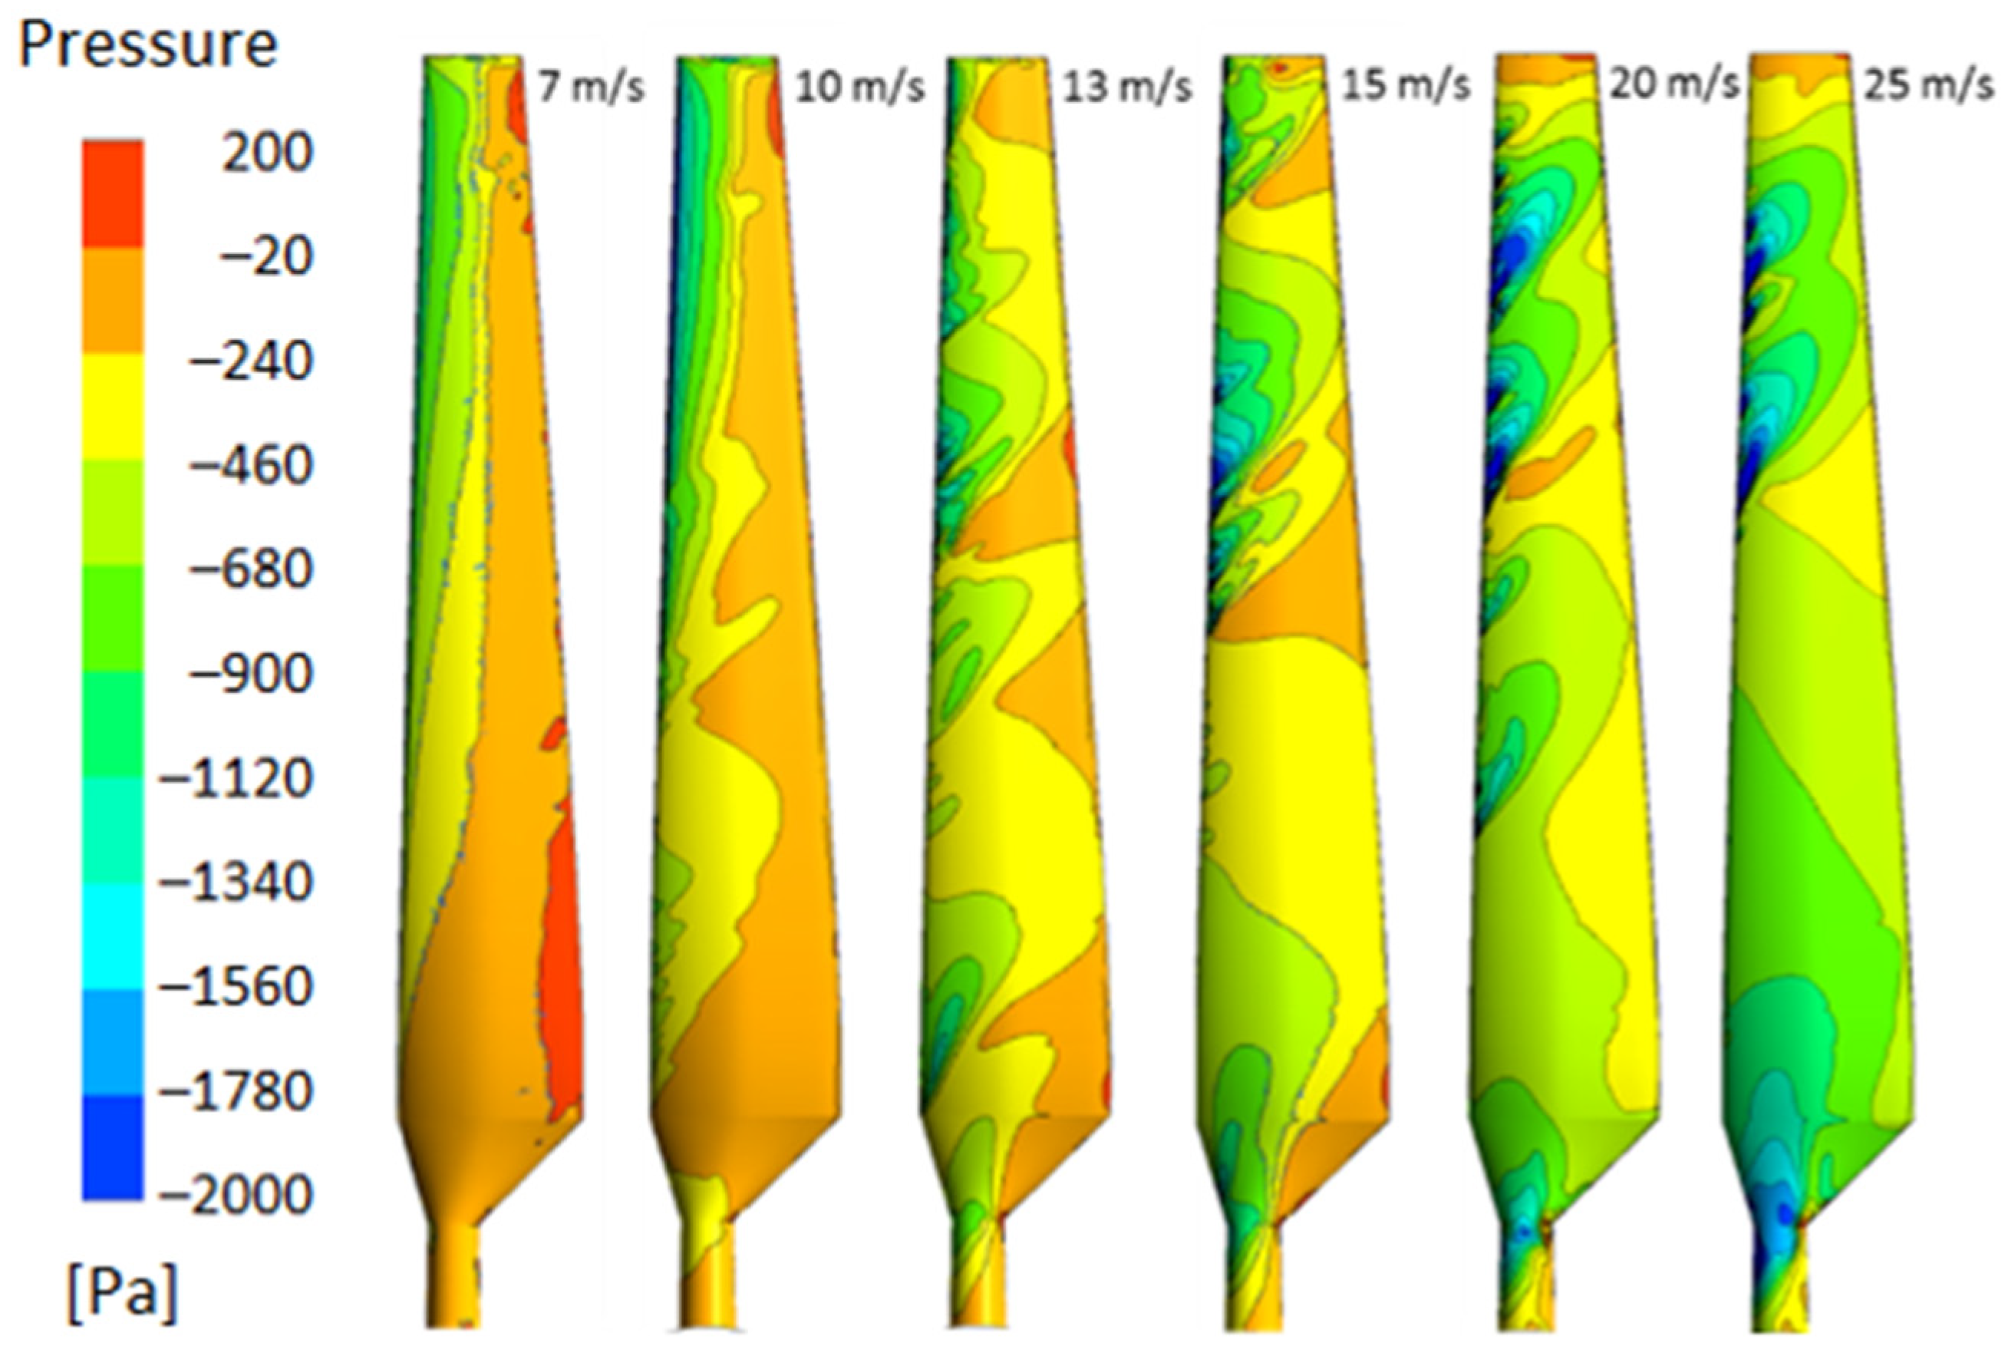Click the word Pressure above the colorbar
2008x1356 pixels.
point(148,45)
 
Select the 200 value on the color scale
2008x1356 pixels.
point(266,153)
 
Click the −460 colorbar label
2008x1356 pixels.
point(251,467)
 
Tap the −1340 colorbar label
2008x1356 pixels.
point(235,884)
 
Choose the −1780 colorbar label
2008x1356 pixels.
point(235,1094)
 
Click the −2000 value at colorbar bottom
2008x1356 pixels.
point(235,1196)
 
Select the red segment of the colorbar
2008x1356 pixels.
point(114,193)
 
